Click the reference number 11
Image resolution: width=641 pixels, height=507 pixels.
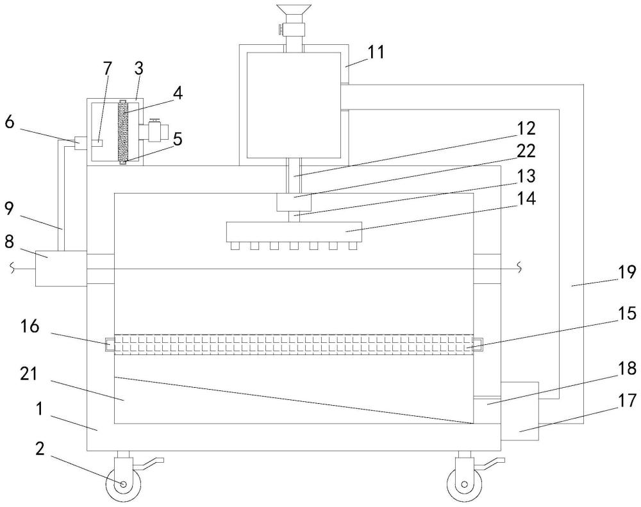(376, 52)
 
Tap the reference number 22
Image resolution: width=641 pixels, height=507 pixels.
(526, 151)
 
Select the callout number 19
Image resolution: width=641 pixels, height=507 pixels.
(627, 272)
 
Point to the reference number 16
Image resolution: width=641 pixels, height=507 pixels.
(31, 327)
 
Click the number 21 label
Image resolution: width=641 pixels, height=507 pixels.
(29, 374)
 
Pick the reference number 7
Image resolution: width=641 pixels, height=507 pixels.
(107, 69)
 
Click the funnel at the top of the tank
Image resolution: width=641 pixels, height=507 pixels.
(294, 13)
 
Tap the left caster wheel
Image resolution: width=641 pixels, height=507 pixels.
(123, 485)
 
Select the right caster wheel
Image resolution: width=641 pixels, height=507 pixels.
(464, 485)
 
